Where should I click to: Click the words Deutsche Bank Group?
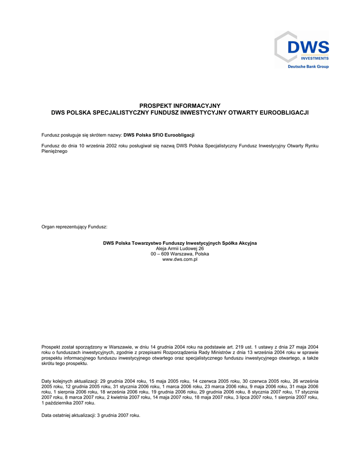308,66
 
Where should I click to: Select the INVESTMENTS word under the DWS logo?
314,58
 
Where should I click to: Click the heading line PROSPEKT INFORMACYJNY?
180,106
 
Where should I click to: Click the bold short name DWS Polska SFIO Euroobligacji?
159,135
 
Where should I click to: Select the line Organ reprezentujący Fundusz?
74,227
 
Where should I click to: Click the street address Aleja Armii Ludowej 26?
180,248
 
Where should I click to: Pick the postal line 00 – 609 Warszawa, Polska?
180,254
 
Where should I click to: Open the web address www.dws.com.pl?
180,259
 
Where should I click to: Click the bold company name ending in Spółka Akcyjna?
180,243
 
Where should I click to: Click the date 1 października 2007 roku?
68,403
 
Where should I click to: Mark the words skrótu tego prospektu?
65,364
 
